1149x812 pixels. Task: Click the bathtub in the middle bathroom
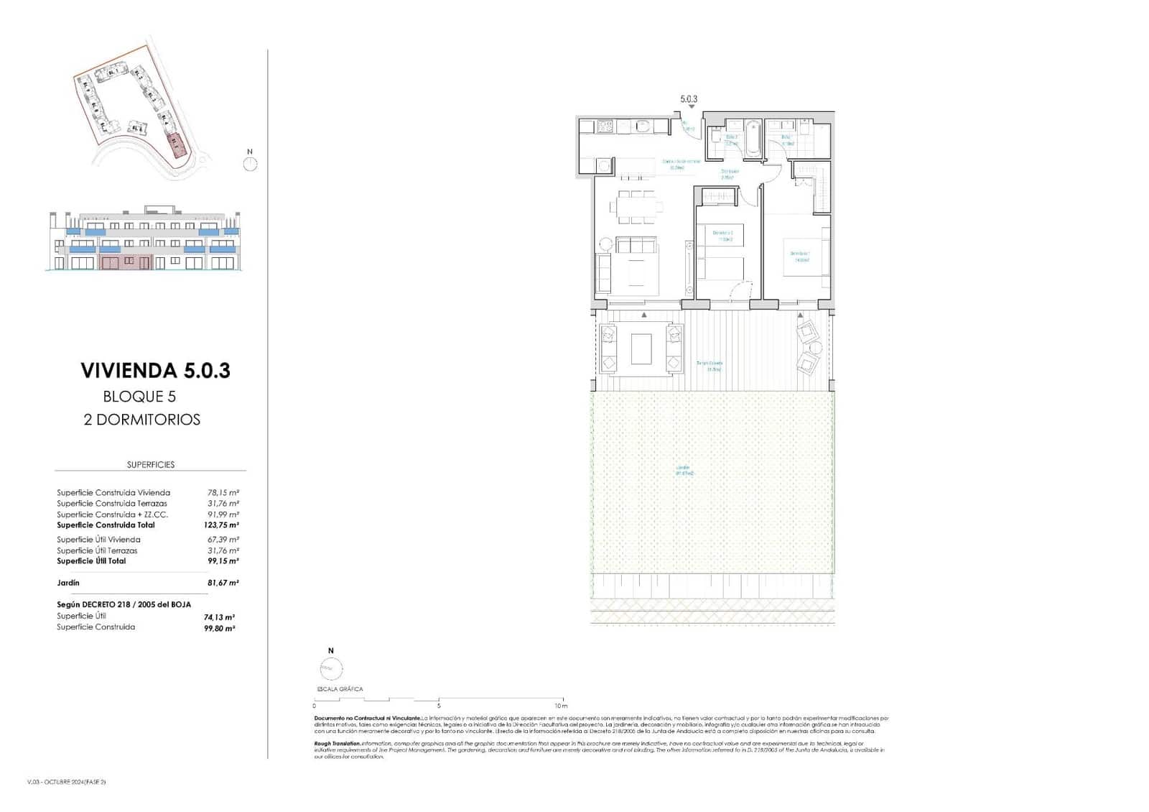coord(751,139)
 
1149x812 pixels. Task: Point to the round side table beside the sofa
coord(605,244)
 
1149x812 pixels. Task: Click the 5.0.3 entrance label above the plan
coord(689,100)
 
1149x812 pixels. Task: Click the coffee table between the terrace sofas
coord(641,349)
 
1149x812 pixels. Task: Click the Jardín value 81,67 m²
coord(223,583)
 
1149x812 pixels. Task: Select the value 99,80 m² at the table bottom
coord(220,628)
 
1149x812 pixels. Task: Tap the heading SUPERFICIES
coord(151,465)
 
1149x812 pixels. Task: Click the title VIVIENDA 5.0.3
coord(155,371)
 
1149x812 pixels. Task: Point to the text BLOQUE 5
coord(139,397)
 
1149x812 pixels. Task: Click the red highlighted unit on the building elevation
coord(125,262)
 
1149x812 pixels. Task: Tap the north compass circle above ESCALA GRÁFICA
coord(327,668)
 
